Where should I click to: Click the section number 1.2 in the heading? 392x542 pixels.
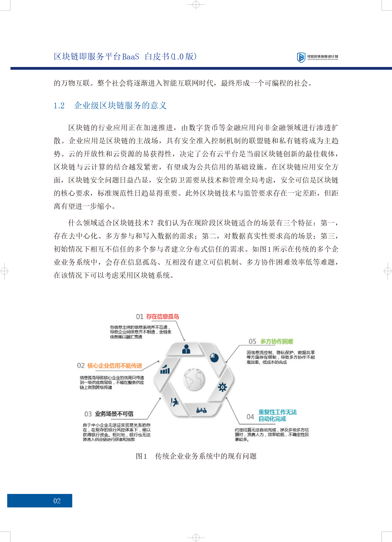(x=59, y=106)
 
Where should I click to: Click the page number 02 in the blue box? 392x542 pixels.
(x=57, y=501)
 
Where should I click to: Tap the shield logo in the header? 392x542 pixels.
(x=301, y=57)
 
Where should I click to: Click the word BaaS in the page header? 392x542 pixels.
(x=131, y=57)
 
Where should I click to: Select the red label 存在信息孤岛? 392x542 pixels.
(x=162, y=317)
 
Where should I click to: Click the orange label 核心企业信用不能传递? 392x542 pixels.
(x=115, y=366)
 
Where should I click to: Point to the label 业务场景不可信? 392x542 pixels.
(x=114, y=414)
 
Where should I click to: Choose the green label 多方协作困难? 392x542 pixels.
(x=276, y=341)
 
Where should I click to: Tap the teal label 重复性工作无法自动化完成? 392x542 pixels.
(x=277, y=416)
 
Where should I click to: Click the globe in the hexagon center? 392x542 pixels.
(x=194, y=379)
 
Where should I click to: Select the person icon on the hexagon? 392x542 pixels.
(x=186, y=349)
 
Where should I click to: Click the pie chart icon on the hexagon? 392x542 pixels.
(x=214, y=357)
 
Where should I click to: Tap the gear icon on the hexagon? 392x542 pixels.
(x=222, y=387)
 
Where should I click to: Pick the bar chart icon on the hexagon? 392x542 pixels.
(x=165, y=370)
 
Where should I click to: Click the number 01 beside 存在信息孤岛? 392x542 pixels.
(x=140, y=317)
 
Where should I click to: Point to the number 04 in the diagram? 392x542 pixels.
(x=250, y=417)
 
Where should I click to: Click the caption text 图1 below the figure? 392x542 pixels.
(x=141, y=456)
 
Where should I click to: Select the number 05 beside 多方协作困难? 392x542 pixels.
(x=252, y=342)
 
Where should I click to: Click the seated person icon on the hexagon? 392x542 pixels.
(x=174, y=402)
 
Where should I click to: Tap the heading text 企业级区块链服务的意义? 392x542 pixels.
(x=120, y=106)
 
